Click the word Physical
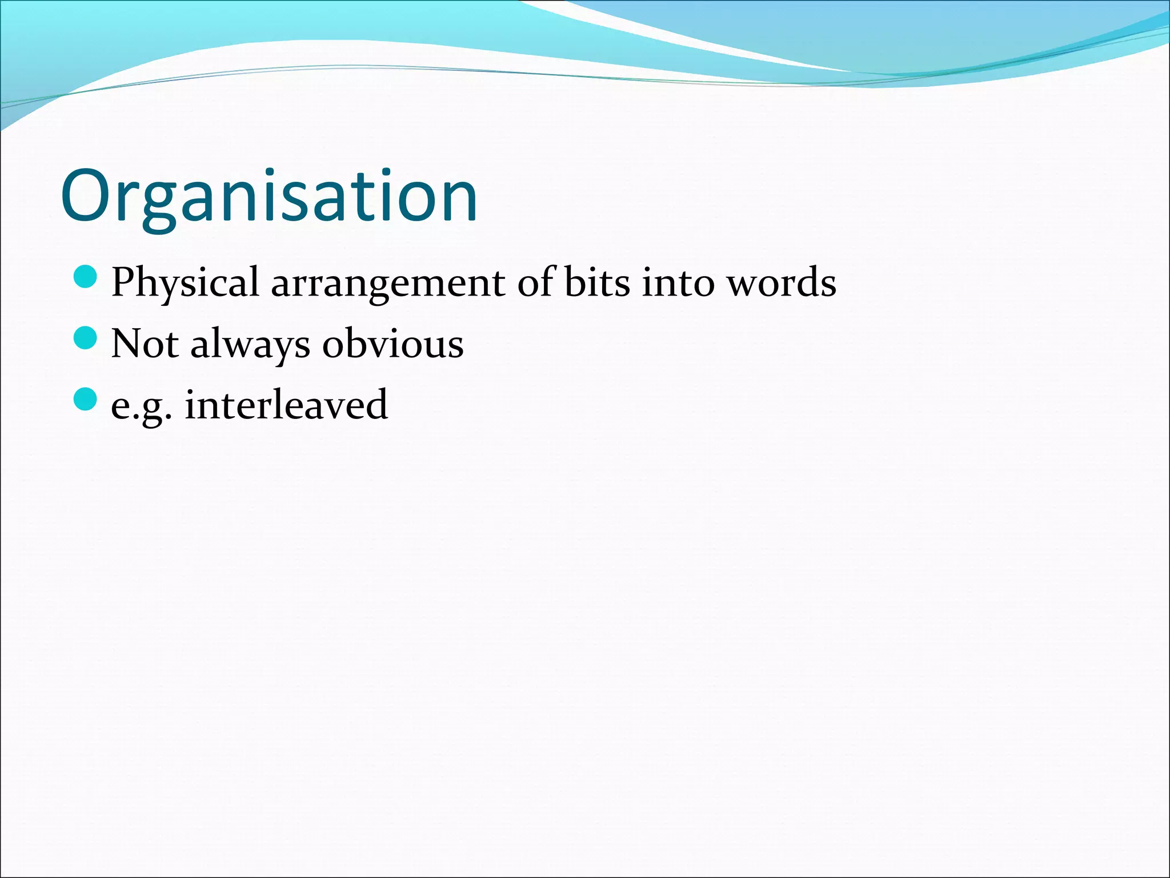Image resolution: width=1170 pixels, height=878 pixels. coord(185,282)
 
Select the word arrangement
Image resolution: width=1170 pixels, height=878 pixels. coord(388,282)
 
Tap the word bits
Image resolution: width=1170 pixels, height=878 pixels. coord(596,282)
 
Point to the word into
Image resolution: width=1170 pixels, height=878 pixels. coord(678,282)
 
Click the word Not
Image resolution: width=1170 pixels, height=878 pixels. coord(145,344)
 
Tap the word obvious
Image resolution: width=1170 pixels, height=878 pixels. coord(392,344)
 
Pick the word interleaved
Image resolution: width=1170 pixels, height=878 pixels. coord(286,405)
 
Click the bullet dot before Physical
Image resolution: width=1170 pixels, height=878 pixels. coord(86,277)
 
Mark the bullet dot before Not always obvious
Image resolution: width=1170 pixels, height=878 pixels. coord(86,338)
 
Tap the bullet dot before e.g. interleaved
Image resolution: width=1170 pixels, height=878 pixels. coord(86,399)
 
